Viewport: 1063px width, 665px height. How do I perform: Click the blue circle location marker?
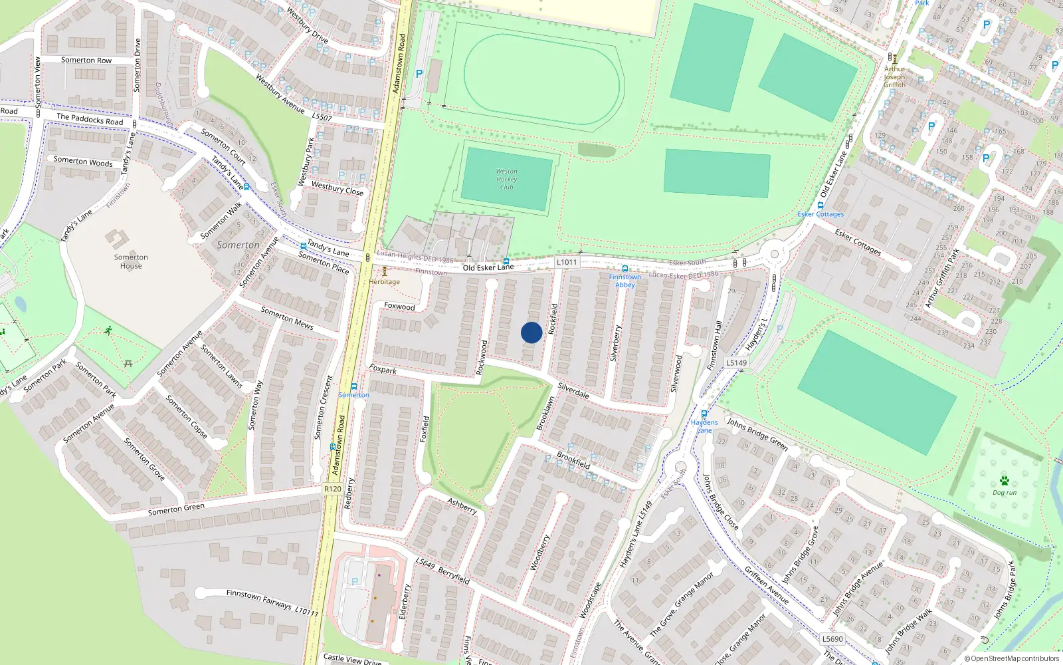click(531, 332)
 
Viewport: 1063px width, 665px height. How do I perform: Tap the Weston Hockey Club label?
click(506, 180)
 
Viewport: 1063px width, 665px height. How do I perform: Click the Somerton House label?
click(131, 261)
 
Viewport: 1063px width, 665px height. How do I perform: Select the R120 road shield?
click(333, 489)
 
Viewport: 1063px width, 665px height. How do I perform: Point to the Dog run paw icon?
click(1004, 481)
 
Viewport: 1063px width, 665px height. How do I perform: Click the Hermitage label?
click(385, 281)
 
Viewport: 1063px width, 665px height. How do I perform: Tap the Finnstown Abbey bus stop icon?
click(625, 269)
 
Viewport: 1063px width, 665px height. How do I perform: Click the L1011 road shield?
click(567, 262)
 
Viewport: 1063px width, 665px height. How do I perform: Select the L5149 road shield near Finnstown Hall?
click(736, 362)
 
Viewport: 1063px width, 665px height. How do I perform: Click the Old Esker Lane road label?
click(488, 267)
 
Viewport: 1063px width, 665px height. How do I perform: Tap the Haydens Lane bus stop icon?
click(704, 414)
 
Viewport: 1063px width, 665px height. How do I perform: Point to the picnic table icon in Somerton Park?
click(128, 363)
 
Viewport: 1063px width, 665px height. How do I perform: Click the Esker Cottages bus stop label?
click(821, 214)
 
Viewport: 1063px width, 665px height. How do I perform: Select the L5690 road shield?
click(832, 639)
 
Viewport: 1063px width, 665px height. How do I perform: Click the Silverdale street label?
click(573, 390)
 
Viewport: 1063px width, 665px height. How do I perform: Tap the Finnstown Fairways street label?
click(259, 598)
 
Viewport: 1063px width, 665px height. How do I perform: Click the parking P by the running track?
click(419, 74)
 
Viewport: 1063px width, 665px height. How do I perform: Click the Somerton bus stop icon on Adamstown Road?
click(354, 386)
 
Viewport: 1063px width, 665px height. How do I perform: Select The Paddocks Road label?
click(90, 119)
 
